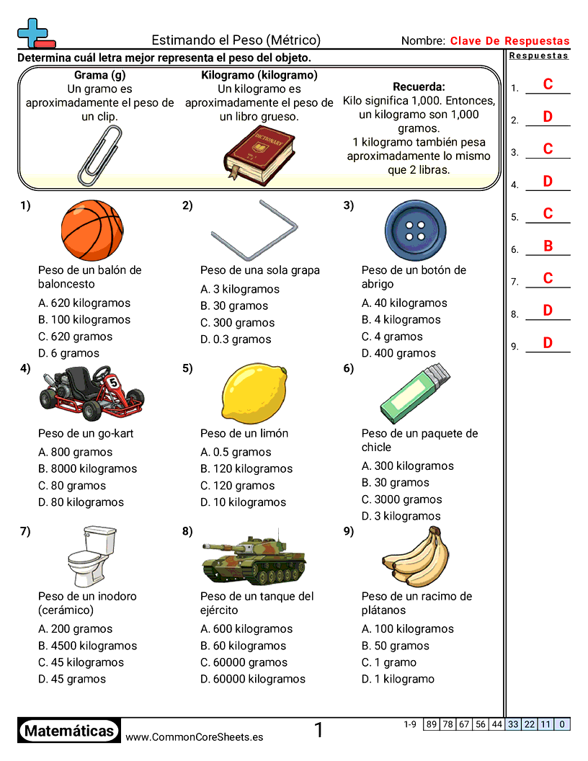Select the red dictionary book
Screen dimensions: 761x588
click(259, 153)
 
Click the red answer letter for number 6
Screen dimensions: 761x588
click(548, 246)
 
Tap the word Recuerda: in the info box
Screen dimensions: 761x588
click(419, 86)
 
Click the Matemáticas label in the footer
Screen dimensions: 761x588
click(69, 731)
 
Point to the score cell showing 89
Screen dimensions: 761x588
click(431, 724)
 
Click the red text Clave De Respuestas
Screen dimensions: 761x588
click(509, 41)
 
